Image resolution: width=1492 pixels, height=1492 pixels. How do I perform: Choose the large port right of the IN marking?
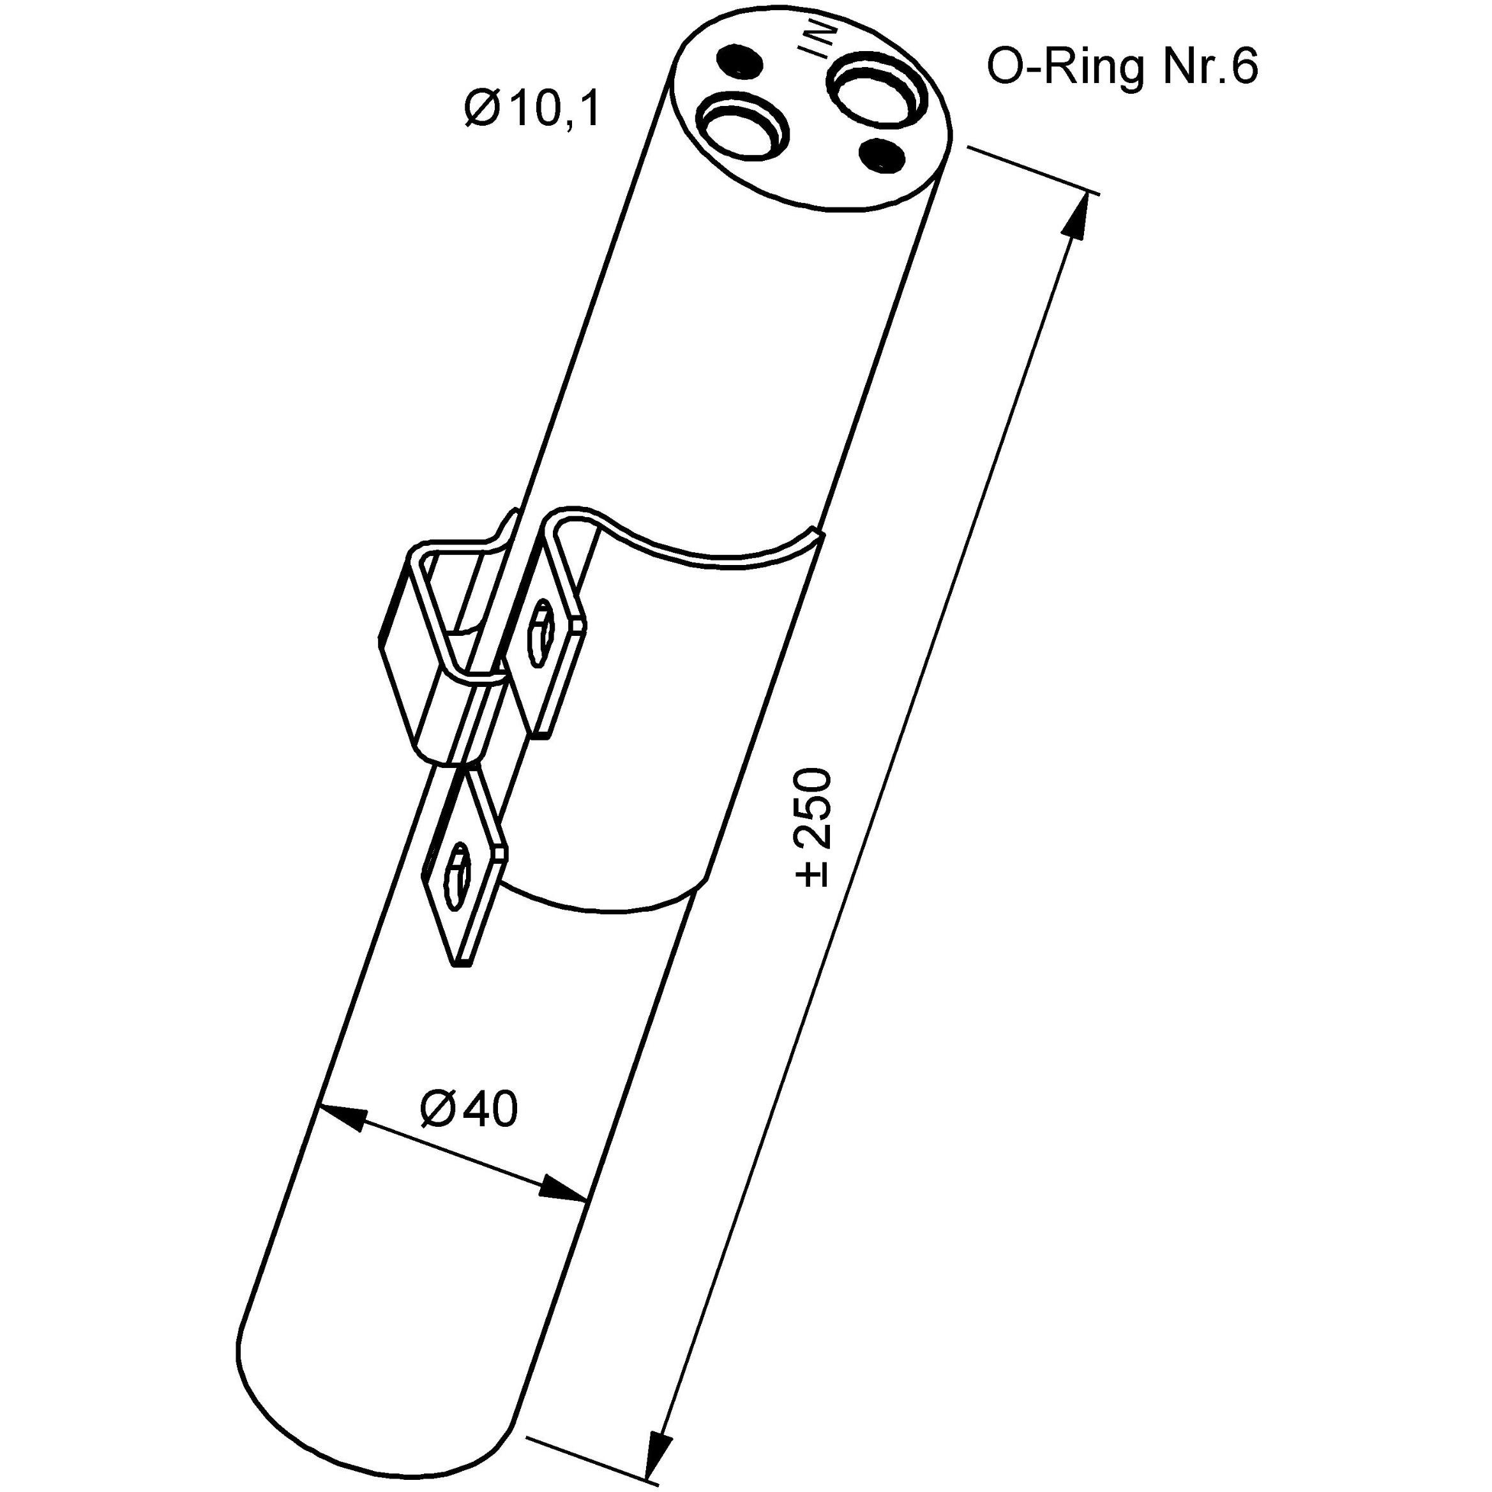(x=877, y=91)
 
